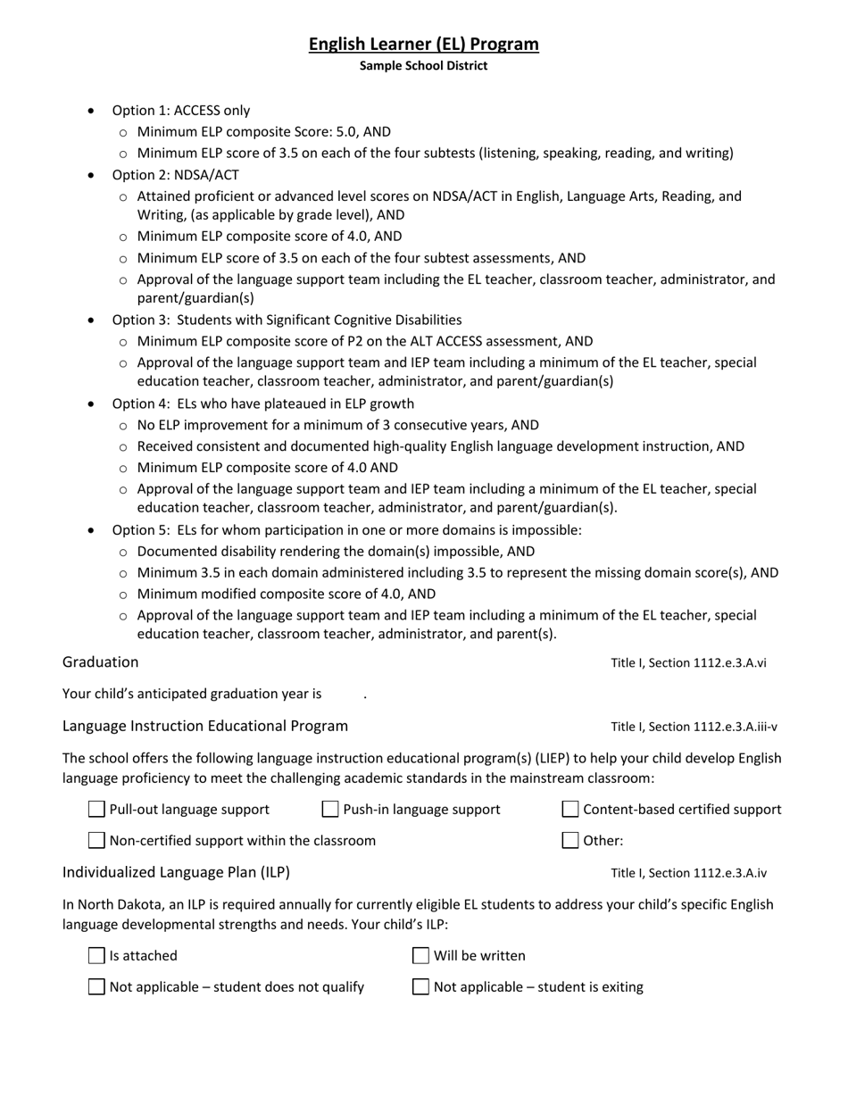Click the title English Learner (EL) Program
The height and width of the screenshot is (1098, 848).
pos(424,44)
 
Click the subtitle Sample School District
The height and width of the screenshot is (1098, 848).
pos(424,66)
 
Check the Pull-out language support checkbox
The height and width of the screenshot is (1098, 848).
pos(97,810)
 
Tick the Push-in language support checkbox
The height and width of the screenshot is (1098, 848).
pos(330,810)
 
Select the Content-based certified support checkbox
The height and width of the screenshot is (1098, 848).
pos(570,810)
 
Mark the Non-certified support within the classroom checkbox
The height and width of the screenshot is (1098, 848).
pos(97,840)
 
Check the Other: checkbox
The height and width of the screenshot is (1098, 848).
pos(570,840)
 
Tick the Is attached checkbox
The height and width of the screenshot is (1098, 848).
pos(97,956)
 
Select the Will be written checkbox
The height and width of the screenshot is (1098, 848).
pos(421,956)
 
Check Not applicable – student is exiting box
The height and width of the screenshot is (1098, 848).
pos(421,986)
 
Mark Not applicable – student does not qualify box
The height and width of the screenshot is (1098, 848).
pos(97,986)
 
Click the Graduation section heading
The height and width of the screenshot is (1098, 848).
pos(101,662)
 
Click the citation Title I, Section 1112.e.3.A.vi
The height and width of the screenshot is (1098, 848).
pos(688,663)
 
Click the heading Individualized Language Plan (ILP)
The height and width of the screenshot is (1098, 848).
pos(176,872)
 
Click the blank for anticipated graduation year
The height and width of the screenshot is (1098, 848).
pos(344,695)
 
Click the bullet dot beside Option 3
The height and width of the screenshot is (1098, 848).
pos(92,320)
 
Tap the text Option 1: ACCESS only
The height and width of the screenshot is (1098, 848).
pos(180,111)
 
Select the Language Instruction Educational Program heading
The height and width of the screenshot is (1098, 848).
pos(205,726)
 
